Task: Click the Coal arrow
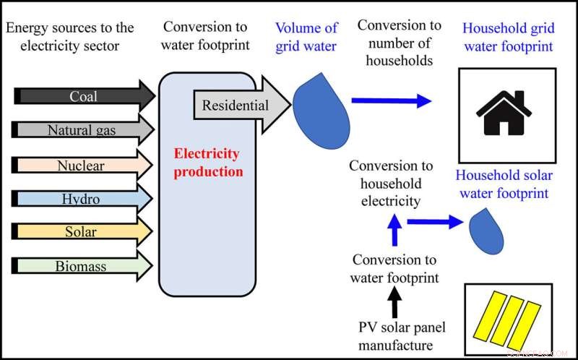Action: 83,96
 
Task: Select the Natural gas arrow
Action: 82,130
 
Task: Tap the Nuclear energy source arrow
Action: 81,165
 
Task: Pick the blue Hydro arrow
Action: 81,199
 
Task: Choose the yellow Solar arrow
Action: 81,232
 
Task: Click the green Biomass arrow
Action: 81,266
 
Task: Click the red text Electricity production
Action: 208,163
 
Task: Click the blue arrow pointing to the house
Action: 391,102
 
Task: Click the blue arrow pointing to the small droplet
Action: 433,223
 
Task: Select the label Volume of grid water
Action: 306,38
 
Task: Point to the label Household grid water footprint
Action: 508,38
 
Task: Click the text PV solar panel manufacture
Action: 402,336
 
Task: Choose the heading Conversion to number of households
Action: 399,43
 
